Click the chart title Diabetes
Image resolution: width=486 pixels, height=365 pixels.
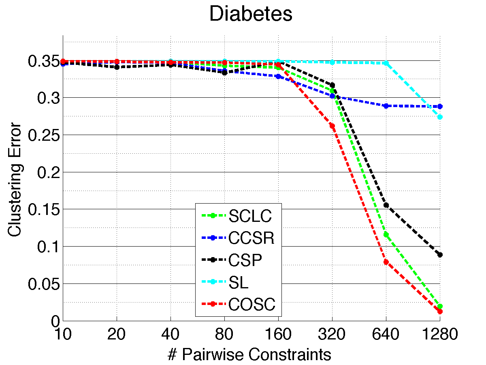tap(251, 14)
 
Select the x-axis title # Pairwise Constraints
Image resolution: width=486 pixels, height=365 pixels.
tap(249, 354)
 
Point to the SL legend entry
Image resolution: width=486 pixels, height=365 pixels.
tap(238, 283)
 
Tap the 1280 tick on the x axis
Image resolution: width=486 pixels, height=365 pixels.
tap(440, 335)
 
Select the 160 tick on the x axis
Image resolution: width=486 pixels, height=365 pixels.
tap(278, 335)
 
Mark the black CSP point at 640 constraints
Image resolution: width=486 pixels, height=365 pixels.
tap(386, 205)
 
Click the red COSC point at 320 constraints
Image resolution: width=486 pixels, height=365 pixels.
tap(332, 126)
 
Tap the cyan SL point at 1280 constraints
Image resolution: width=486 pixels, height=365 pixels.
tap(440, 117)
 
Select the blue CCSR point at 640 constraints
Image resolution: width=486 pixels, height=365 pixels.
tap(386, 106)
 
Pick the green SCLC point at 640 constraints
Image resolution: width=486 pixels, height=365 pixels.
tap(386, 234)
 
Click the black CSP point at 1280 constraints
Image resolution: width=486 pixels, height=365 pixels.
tap(440, 255)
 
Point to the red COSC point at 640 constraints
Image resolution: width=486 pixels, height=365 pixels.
tap(386, 262)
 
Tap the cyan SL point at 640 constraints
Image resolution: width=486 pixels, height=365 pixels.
tap(386, 63)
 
